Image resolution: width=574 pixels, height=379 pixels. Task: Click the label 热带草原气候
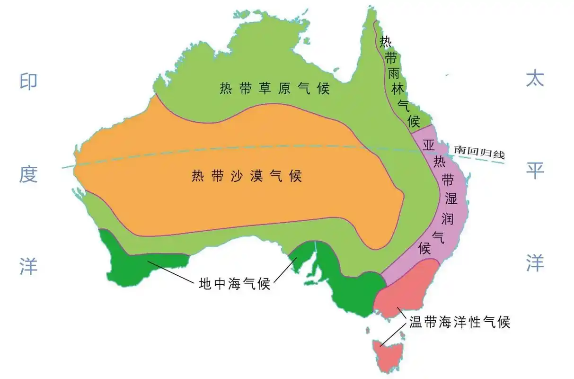pos(274,89)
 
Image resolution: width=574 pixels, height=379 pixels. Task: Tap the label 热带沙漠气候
pos(247,176)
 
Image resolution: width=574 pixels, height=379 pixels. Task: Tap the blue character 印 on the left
pos(28,81)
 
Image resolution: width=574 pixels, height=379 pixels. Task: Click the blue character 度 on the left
pos(28,175)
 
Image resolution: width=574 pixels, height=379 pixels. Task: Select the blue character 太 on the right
pos(535,78)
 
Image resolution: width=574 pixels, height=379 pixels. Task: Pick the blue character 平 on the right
pos(535,171)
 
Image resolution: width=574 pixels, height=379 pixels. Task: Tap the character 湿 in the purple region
pos(450,199)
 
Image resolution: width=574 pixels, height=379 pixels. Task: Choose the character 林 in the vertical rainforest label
pos(398,89)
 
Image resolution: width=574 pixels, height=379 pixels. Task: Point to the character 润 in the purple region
pos(447,219)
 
